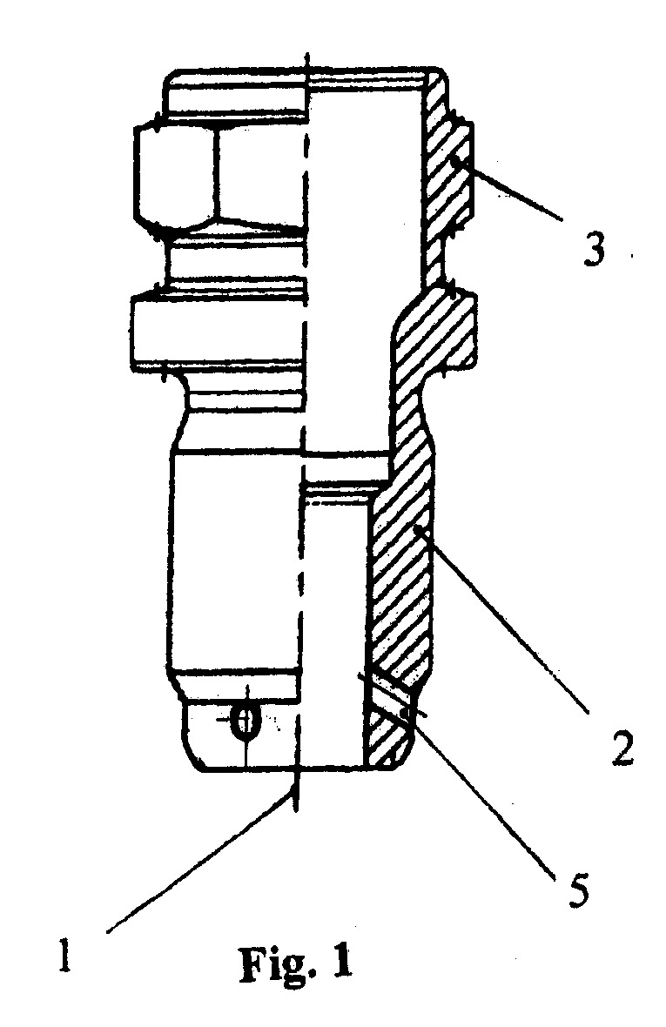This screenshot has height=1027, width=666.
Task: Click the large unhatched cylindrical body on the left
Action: pyautogui.click(x=236, y=560)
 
